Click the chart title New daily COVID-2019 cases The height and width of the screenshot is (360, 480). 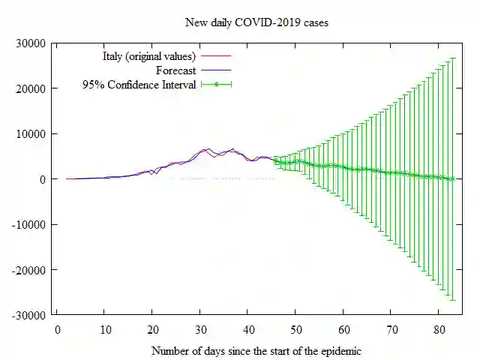click(x=256, y=22)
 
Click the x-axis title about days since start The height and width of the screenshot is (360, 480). click(x=256, y=350)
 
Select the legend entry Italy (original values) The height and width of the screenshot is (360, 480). click(x=149, y=56)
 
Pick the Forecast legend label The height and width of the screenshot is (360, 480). click(x=176, y=70)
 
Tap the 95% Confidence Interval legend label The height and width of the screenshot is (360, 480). click(x=139, y=85)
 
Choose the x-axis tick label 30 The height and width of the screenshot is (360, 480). click(x=200, y=329)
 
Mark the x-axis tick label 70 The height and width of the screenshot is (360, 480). click(x=391, y=329)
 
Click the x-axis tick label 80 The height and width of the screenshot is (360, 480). click(x=439, y=329)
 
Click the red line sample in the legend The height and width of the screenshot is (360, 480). click(x=216, y=56)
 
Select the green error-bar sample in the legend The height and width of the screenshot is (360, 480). click(x=216, y=85)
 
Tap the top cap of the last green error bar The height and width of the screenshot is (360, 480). click(x=453, y=58)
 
